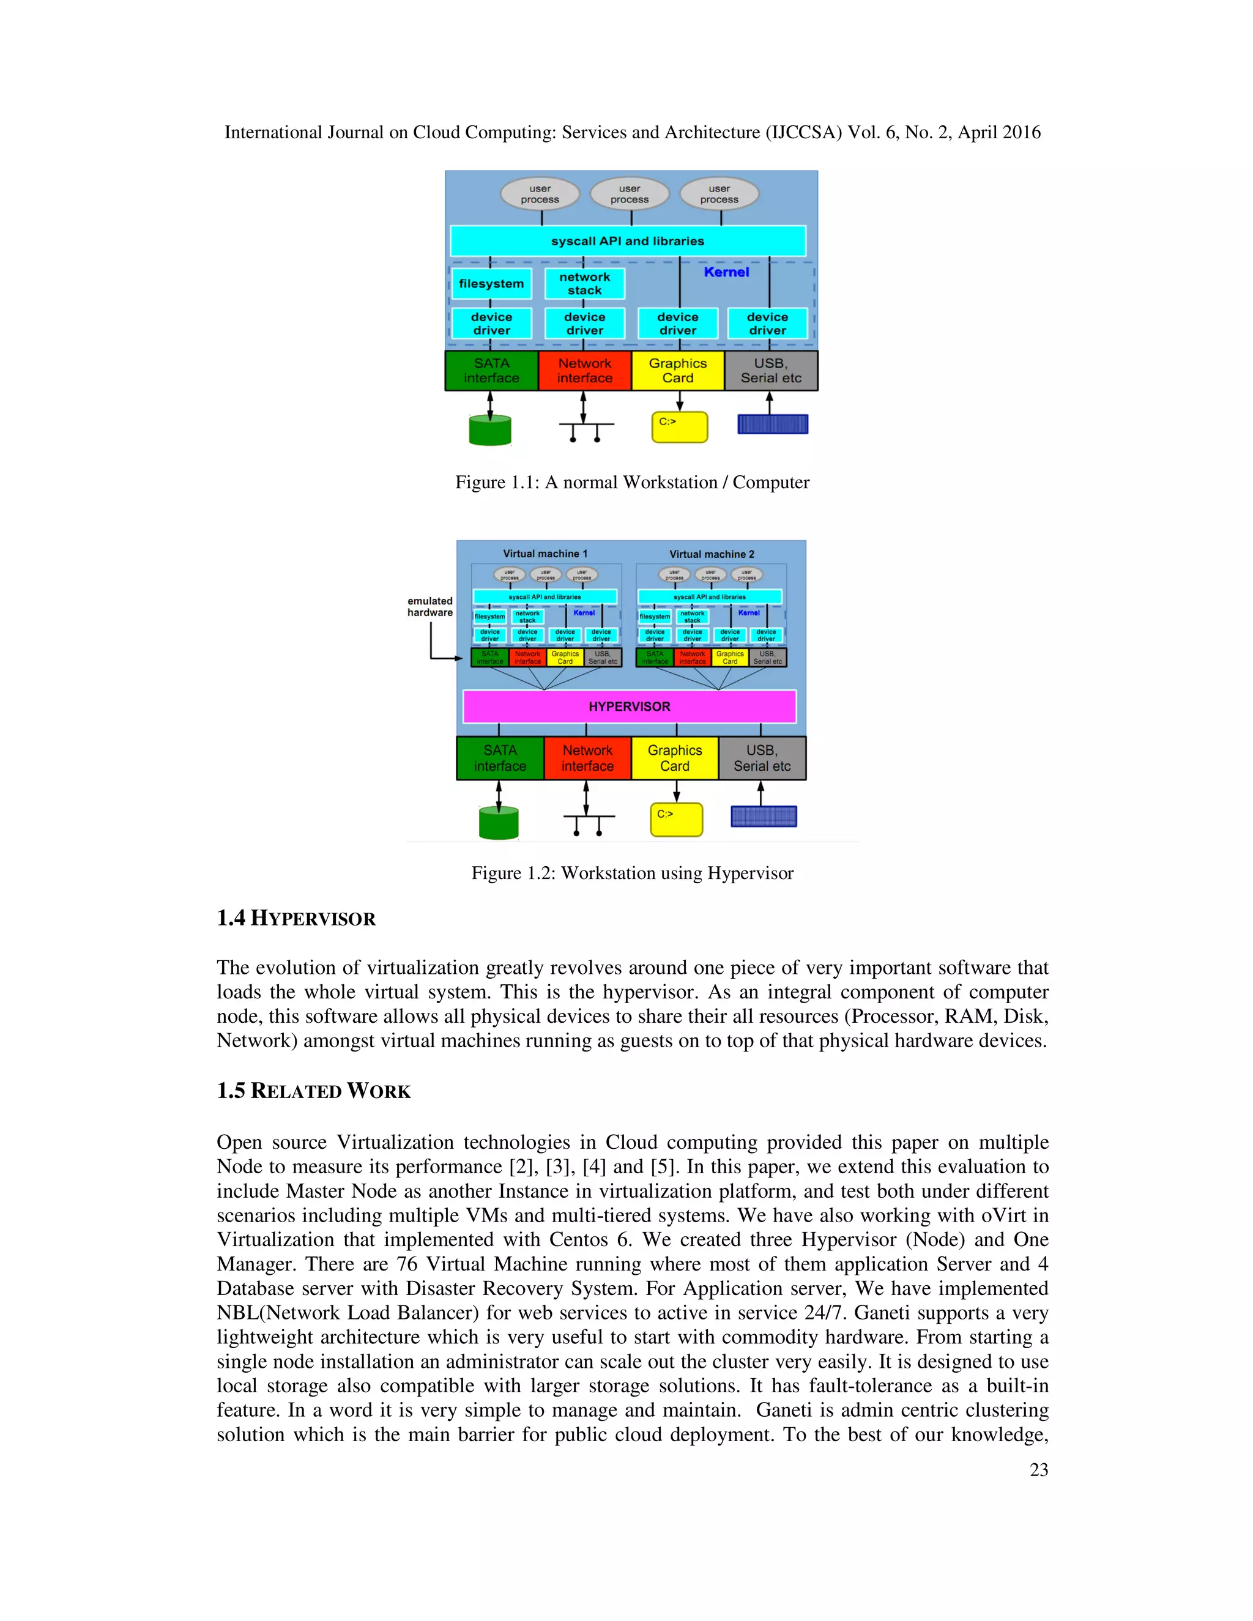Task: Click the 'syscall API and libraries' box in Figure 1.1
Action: tap(627, 241)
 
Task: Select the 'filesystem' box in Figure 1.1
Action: tap(491, 284)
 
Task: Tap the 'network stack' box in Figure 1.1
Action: tap(584, 284)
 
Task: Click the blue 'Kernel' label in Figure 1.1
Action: tap(726, 272)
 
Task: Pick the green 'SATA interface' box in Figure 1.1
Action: tap(491, 370)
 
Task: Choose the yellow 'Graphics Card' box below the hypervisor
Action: tap(674, 758)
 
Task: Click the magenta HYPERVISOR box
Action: tap(629, 707)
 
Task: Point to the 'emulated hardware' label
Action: tap(429, 606)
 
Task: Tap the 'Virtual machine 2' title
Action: tap(711, 554)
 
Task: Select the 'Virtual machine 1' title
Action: tap(545, 554)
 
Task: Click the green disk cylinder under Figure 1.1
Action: tap(490, 431)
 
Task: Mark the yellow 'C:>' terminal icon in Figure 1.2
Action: tap(676, 820)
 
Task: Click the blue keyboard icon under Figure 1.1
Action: tap(772, 425)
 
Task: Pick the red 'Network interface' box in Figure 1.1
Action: tap(584, 370)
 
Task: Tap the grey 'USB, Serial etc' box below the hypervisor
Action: tap(762, 758)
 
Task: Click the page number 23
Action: tap(1038, 1469)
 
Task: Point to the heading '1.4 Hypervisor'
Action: tap(296, 918)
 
